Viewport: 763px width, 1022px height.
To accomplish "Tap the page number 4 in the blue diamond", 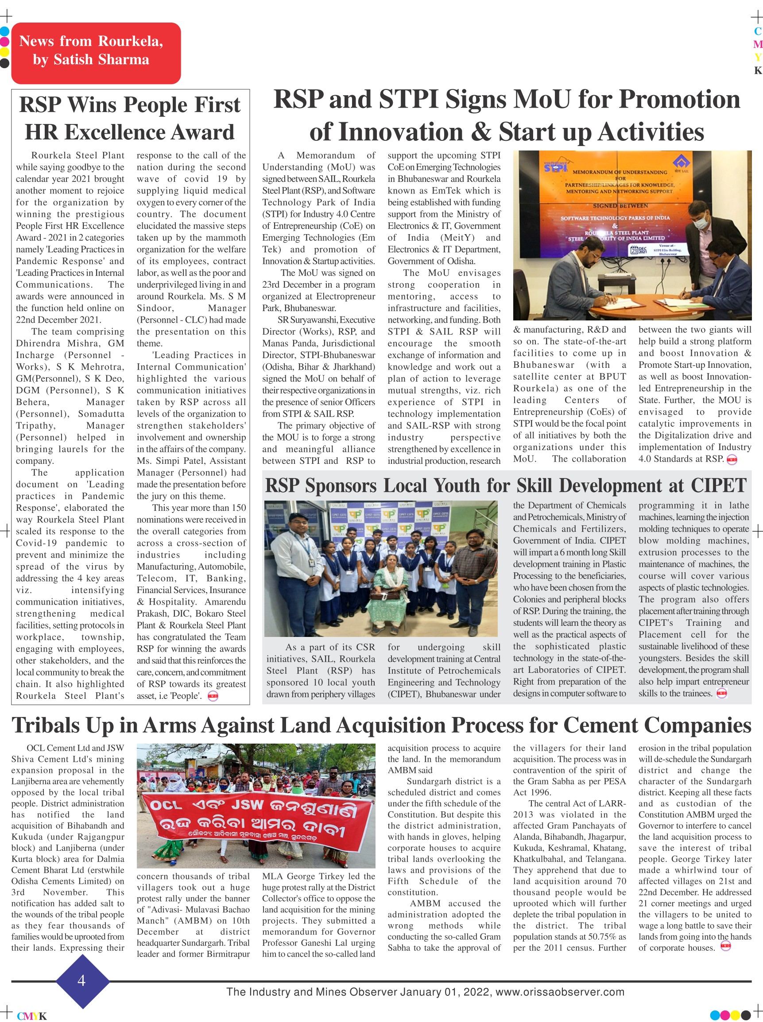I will (x=82, y=980).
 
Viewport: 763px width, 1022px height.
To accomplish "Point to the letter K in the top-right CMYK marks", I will (x=757, y=70).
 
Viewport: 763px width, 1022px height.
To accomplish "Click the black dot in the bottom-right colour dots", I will (x=745, y=1015).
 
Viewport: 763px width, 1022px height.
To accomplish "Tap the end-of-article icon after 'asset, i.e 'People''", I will (x=213, y=696).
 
